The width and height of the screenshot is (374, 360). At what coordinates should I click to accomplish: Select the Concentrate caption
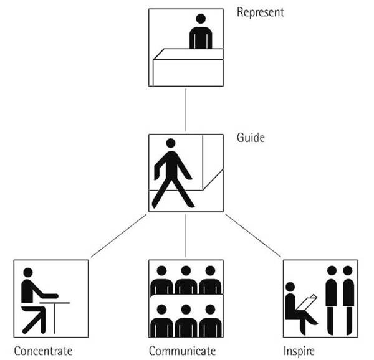point(43,351)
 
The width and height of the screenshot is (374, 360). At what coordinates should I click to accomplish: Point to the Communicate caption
point(183,351)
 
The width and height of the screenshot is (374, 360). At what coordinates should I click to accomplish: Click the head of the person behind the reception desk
point(201,19)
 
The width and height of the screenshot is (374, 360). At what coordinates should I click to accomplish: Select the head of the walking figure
point(170,143)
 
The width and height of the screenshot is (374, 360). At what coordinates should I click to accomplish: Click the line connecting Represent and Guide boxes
point(186,110)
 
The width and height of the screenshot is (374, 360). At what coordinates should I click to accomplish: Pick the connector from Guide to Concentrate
point(118,235)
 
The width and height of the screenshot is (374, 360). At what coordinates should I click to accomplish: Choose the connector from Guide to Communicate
point(186,235)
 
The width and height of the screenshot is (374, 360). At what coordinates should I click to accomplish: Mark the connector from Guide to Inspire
point(252,235)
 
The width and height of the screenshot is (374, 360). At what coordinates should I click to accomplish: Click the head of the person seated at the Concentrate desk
point(27,272)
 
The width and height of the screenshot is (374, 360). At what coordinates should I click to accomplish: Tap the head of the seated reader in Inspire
point(289,287)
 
